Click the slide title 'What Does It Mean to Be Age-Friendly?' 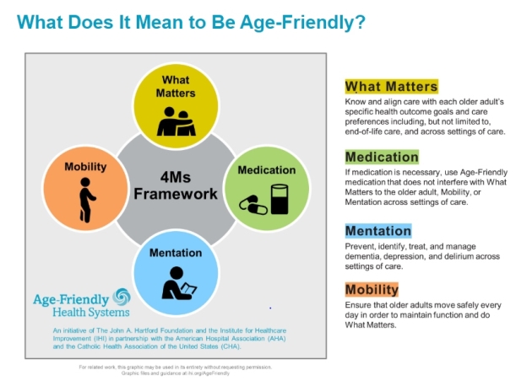[191, 21]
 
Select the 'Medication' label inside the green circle [266, 170]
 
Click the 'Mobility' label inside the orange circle [85, 167]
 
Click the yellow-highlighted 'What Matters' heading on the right [391, 86]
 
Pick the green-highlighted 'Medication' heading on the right [382, 157]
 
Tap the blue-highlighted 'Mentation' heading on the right [378, 230]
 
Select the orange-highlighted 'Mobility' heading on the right [372, 290]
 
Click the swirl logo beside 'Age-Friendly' [122, 297]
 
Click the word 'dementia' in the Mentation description [368, 256]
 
